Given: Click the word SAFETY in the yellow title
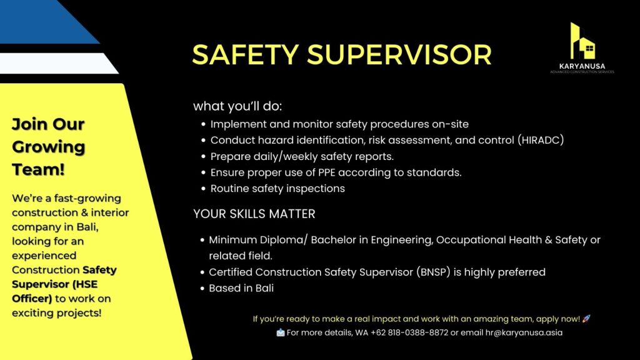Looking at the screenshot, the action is coord(246,55).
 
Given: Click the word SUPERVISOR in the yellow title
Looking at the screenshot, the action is coord(399,55).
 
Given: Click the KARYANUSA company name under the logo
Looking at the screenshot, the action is coord(582,66).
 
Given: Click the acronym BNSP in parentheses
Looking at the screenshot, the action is coord(433,272).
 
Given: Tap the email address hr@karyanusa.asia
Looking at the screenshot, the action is coord(524,332).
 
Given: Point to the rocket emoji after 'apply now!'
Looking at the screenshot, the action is coord(586,318).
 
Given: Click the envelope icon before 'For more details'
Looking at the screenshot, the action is coord(281,332).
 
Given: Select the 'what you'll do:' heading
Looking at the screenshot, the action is coord(237,106).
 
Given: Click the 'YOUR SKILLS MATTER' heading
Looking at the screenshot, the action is coord(254,214).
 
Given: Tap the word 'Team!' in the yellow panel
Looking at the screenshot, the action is coord(38,169).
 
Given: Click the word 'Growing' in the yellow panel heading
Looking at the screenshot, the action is coord(49,147).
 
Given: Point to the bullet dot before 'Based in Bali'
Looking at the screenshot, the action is coord(202,289).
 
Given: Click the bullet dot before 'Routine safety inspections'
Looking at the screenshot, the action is coord(204,189).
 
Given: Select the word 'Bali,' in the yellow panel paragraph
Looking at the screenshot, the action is coord(87,227).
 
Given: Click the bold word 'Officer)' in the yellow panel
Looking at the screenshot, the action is coord(32,298).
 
